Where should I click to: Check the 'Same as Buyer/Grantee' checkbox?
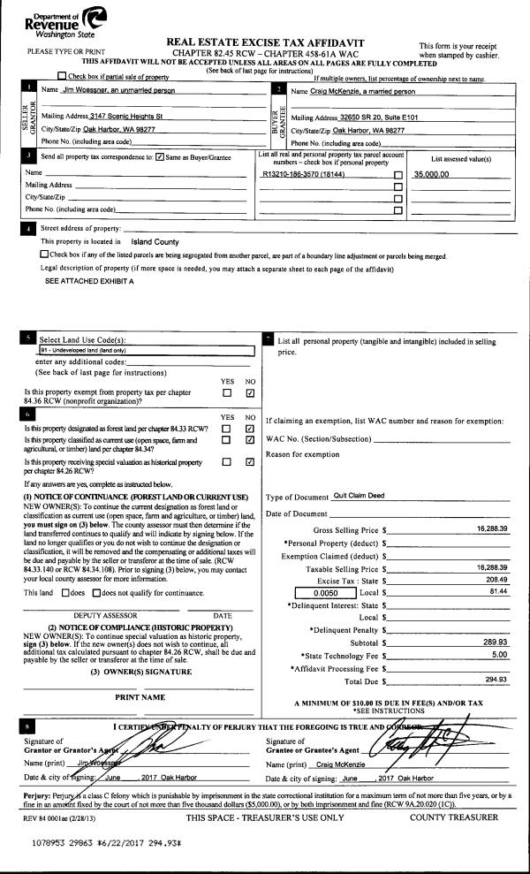pyautogui.click(x=160, y=157)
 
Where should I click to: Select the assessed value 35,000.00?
pyautogui.click(x=432, y=174)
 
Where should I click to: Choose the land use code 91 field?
pyautogui.click(x=141, y=350)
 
